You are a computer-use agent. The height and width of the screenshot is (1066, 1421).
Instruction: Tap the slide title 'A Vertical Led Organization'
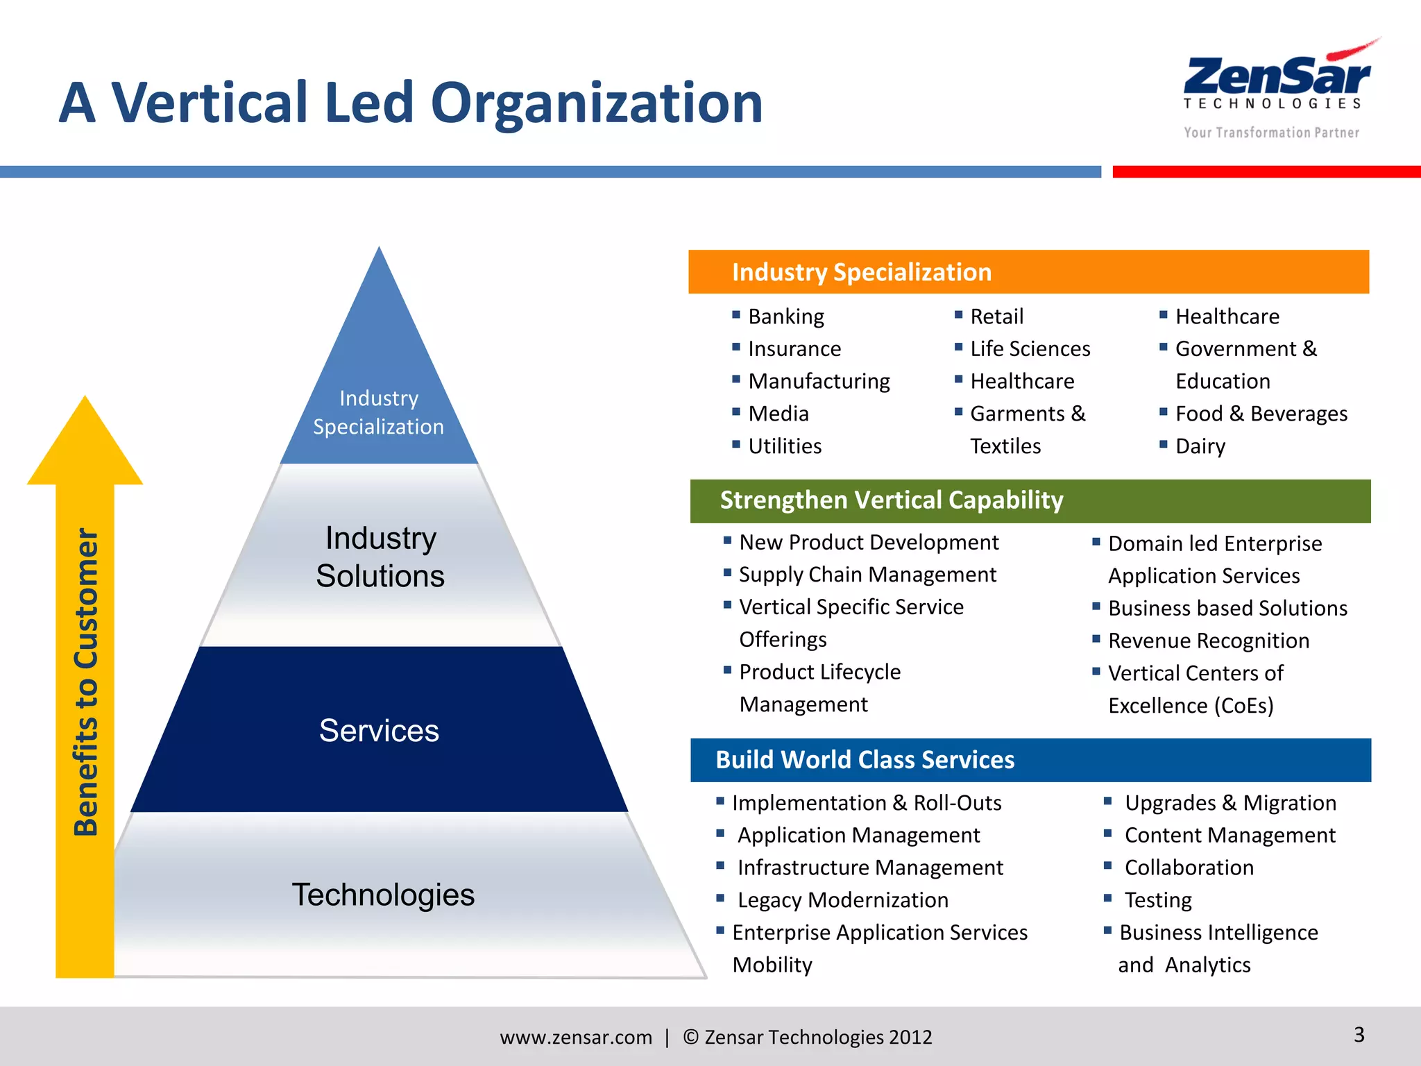pyautogui.click(x=411, y=103)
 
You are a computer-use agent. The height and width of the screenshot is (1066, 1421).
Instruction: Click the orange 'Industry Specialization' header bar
pyautogui.click(x=1028, y=272)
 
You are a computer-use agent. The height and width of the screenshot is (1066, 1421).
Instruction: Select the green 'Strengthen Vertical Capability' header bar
pyautogui.click(x=1030, y=500)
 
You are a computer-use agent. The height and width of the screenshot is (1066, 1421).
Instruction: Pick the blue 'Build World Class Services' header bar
pyautogui.click(x=1030, y=760)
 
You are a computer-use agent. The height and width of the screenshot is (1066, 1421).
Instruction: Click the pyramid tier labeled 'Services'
pyautogui.click(x=379, y=730)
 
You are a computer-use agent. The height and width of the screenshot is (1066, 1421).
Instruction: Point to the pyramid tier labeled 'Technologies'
pyautogui.click(x=383, y=895)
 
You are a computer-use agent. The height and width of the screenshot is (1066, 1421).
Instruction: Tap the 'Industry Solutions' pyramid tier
pyautogui.click(x=380, y=557)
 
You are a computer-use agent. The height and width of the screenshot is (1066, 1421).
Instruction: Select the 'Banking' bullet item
pyautogui.click(x=785, y=316)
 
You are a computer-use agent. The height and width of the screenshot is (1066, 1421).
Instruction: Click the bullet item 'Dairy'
pyautogui.click(x=1200, y=446)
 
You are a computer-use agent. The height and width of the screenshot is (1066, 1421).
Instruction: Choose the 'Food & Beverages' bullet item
pyautogui.click(x=1261, y=414)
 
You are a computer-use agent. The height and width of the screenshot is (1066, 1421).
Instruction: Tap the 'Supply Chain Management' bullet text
pyautogui.click(x=867, y=575)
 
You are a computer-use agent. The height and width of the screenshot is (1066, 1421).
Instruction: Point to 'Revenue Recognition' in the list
pyautogui.click(x=1208, y=641)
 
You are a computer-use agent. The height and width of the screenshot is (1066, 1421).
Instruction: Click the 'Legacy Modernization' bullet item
pyautogui.click(x=842, y=900)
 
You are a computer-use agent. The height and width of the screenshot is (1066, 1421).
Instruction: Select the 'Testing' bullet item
pyautogui.click(x=1157, y=900)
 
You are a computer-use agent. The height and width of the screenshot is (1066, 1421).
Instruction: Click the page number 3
pyautogui.click(x=1359, y=1035)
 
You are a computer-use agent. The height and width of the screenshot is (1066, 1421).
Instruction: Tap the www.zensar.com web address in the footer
pyautogui.click(x=576, y=1037)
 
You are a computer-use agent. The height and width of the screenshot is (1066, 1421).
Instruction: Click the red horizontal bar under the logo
pyautogui.click(x=1266, y=171)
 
